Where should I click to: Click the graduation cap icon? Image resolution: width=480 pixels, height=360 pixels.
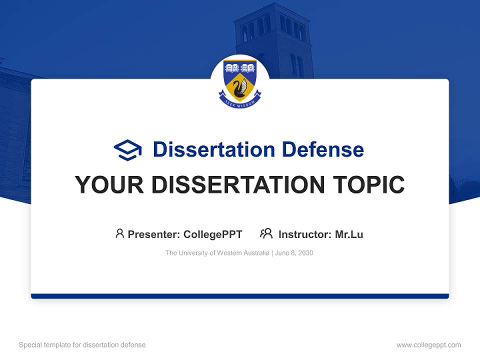coord(127,149)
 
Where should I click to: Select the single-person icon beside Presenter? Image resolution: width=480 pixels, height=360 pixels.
coord(119,233)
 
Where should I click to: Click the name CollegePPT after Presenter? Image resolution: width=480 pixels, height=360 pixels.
coord(213,234)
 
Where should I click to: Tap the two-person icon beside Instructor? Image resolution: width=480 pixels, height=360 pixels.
coord(266,233)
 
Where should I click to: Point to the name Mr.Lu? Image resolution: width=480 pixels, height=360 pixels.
coord(349,234)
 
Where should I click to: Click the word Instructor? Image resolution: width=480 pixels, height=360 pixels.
coord(304,234)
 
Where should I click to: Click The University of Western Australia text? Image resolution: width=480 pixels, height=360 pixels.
coord(217,253)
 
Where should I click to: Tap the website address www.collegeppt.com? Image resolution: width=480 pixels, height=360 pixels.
coord(428,345)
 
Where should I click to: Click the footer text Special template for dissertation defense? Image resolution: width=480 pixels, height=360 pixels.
coord(82,345)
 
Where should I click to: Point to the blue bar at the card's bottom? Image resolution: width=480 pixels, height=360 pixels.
coord(240,296)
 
